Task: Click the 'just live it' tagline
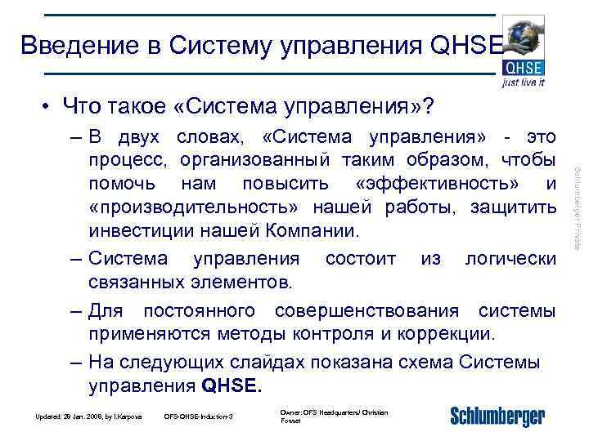pyautogui.click(x=524, y=82)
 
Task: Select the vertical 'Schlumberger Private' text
pyautogui.click(x=576, y=207)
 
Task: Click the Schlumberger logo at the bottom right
pyautogui.click(x=497, y=416)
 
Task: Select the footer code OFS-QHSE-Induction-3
pyautogui.click(x=199, y=417)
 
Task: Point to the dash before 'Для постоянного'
pyautogui.click(x=75, y=310)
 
